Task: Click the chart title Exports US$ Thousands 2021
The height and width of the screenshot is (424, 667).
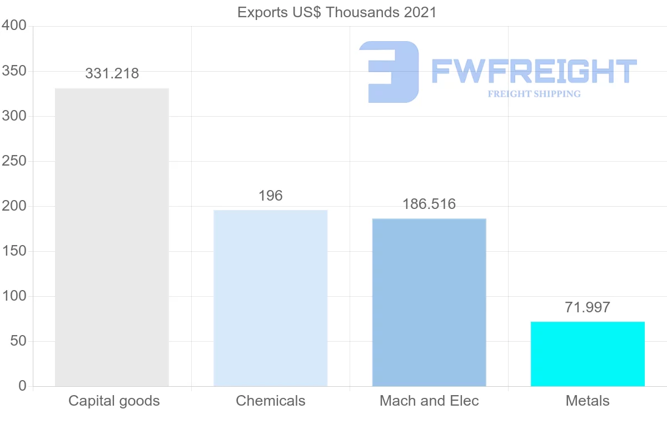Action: click(337, 12)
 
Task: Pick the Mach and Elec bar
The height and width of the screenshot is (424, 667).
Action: click(429, 302)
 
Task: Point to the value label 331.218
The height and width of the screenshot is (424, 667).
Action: click(112, 73)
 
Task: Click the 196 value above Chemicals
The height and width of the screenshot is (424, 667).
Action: click(271, 196)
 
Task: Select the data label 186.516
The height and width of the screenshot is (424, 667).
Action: click(429, 204)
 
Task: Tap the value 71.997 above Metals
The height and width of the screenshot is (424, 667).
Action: click(588, 307)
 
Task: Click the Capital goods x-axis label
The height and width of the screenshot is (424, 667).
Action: click(114, 401)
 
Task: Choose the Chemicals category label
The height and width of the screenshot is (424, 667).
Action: click(271, 401)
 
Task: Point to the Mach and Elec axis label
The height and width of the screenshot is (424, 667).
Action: click(429, 401)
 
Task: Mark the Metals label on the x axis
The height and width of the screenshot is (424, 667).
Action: click(588, 401)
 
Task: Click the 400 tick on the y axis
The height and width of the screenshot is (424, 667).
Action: click(14, 26)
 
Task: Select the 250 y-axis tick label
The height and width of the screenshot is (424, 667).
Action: click(14, 161)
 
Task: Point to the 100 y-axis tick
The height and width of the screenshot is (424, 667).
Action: click(14, 296)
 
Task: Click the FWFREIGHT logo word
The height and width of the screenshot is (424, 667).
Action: click(534, 72)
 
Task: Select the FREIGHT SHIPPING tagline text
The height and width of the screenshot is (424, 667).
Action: click(534, 94)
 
